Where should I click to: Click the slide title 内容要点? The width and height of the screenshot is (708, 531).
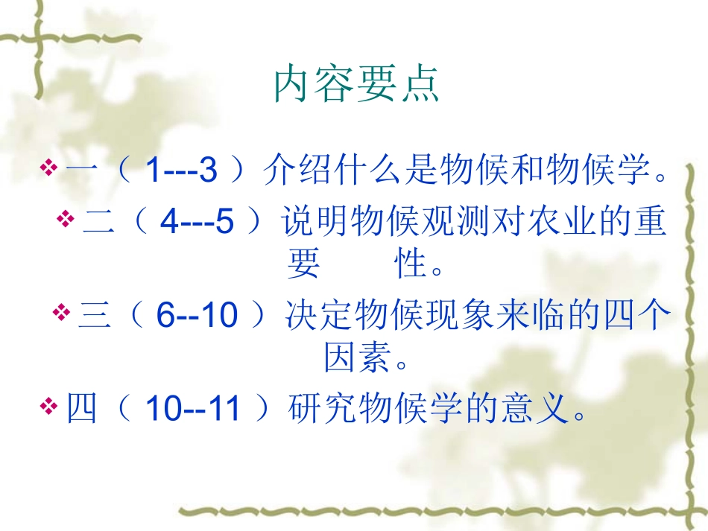357,85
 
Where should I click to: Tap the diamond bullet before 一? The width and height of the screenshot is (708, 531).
48,170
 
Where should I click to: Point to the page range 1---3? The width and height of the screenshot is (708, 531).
181,171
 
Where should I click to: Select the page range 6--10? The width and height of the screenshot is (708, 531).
197,316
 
